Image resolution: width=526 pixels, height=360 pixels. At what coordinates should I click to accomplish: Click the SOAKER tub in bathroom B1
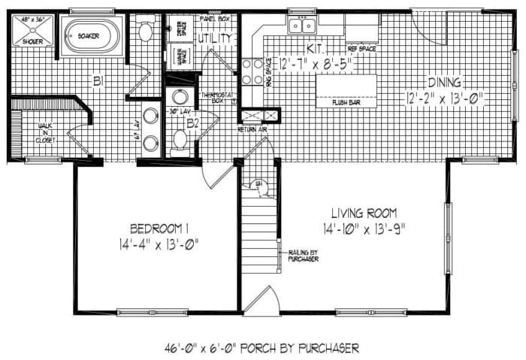point(91,35)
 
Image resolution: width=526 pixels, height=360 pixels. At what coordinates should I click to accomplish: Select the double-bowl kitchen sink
point(303,26)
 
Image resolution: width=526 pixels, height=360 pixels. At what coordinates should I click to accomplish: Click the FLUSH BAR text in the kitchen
point(346,101)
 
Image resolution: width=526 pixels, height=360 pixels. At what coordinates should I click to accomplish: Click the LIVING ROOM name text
point(361,213)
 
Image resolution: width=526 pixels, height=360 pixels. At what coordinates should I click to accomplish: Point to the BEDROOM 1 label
point(157,228)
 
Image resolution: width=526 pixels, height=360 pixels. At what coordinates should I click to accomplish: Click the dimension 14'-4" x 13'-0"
point(158,244)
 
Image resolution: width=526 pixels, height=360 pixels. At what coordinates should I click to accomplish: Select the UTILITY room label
point(214,37)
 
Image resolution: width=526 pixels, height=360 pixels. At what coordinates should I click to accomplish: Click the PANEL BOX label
point(214,17)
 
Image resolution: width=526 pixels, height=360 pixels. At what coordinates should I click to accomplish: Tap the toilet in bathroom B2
point(180,141)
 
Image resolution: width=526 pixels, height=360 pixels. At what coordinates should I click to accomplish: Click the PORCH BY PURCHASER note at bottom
point(261,348)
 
